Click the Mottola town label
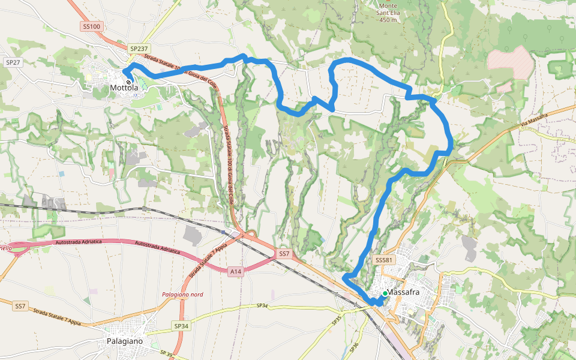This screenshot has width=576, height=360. pyautogui.click(x=124, y=88)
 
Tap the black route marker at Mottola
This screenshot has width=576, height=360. pyautogui.click(x=128, y=82)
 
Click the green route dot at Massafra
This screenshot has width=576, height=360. pyautogui.click(x=385, y=293)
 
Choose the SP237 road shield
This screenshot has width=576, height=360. pyautogui.click(x=138, y=48)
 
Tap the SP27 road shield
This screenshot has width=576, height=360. pyautogui.click(x=13, y=62)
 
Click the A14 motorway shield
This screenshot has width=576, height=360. pyautogui.click(x=236, y=272)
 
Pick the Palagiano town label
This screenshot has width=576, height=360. pyautogui.click(x=125, y=341)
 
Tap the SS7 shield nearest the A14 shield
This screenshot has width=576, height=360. pyautogui.click(x=284, y=254)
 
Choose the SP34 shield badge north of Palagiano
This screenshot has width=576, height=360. pyautogui.click(x=181, y=326)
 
